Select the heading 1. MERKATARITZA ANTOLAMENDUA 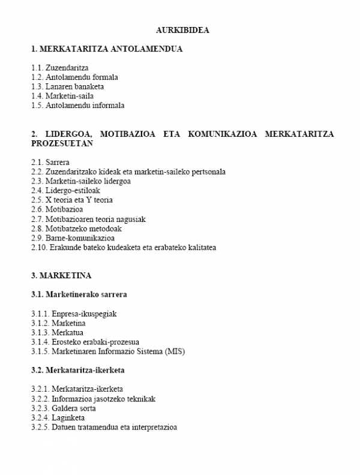(106, 49)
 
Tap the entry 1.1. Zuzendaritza (59, 68)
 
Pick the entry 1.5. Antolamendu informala (77, 105)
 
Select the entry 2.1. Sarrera (50, 162)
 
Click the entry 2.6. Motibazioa (56, 209)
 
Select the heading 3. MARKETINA (62, 275)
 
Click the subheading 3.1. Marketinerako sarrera (79, 294)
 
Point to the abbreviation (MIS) (175, 351)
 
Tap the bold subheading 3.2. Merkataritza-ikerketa (82, 370)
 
